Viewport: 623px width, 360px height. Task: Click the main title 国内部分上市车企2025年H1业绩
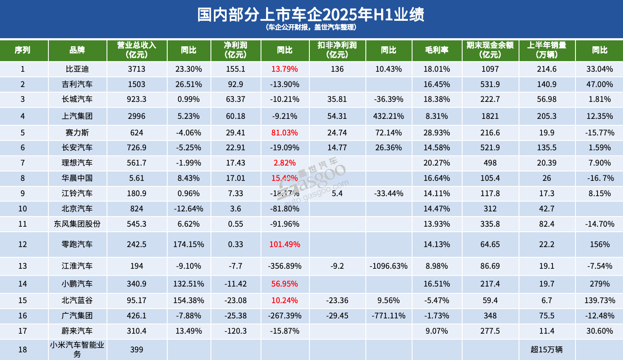311,14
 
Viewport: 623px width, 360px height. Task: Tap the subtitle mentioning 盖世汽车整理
311,27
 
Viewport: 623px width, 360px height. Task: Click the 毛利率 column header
437,50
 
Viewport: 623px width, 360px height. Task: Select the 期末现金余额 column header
490,50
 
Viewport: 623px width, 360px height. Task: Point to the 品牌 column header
77,50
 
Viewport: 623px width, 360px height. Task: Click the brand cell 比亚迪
77,69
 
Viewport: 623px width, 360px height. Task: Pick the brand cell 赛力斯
77,133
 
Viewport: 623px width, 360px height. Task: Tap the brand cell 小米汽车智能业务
77,349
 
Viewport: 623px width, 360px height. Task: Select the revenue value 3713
137,69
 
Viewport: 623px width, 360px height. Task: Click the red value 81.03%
284,133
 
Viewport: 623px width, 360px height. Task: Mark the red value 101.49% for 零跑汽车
284,245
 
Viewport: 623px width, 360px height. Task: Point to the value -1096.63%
388,266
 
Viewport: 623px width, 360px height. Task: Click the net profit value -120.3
236,331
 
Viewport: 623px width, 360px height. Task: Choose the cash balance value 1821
490,116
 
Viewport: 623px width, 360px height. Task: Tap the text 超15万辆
547,350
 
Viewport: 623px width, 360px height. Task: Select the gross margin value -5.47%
437,301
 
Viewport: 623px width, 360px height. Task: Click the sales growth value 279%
600,284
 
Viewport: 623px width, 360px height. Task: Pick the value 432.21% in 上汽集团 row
388,116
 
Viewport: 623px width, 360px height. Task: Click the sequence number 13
22,266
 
